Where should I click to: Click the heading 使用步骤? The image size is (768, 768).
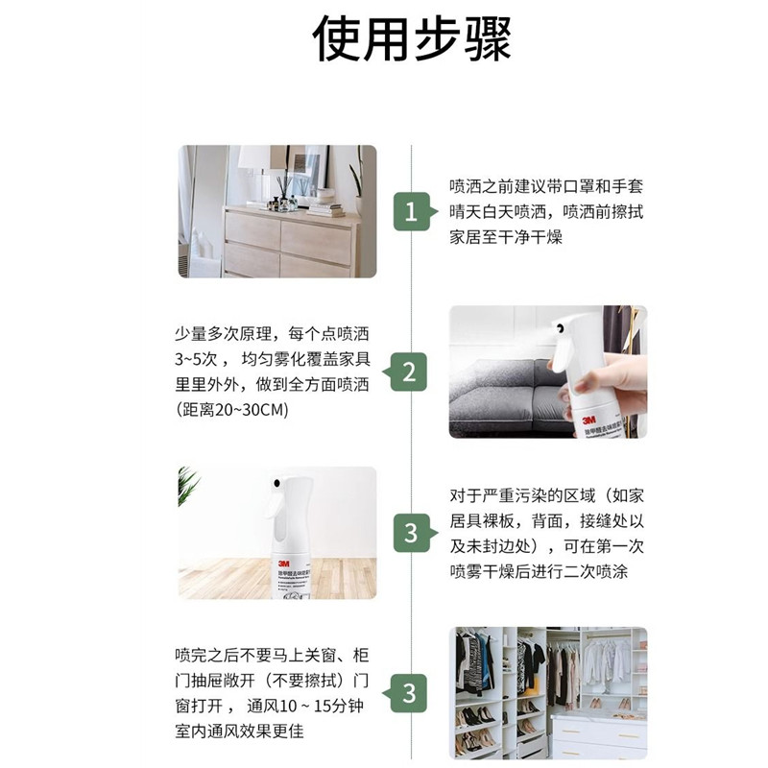[x=412, y=39]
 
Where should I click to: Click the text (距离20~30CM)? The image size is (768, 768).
[x=232, y=409]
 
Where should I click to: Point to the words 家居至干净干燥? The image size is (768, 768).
[x=506, y=237]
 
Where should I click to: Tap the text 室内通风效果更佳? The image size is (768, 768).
[x=239, y=732]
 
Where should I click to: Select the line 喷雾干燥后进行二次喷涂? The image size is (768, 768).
[x=539, y=571]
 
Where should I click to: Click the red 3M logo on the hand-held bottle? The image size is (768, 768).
[x=588, y=420]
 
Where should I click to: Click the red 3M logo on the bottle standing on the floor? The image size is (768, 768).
[x=283, y=564]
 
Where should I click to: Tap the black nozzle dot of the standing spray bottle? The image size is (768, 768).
[x=277, y=484]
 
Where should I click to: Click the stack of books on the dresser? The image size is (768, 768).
[x=325, y=209]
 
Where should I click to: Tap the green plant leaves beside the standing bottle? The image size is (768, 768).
[x=188, y=485]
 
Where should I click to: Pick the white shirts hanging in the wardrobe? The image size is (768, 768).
[x=606, y=660]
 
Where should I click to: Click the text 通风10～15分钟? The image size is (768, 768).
[x=304, y=706]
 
